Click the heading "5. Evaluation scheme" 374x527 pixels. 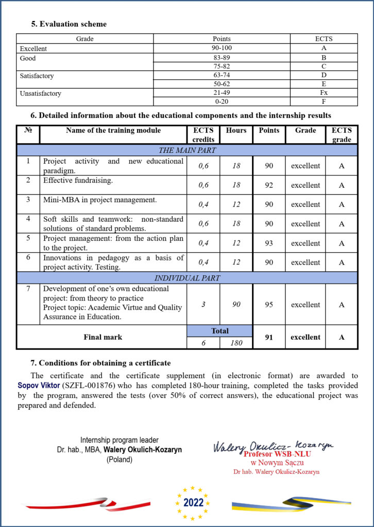pos(69,24)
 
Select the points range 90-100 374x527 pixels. pos(222,48)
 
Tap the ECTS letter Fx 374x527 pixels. pos(324,93)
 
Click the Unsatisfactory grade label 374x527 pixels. pos(40,94)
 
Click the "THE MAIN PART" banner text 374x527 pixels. pos(187,150)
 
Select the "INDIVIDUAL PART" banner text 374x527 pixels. pos(187,278)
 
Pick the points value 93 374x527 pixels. pos(269,243)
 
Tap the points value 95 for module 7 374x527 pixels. pos(269,305)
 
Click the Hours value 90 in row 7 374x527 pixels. pos(236,305)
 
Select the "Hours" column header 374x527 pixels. pos(236,131)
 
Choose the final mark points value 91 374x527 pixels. pos(269,338)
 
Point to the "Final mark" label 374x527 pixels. pos(103,338)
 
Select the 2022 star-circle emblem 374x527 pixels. pos(193,502)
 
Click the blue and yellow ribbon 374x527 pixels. pos(292,505)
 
